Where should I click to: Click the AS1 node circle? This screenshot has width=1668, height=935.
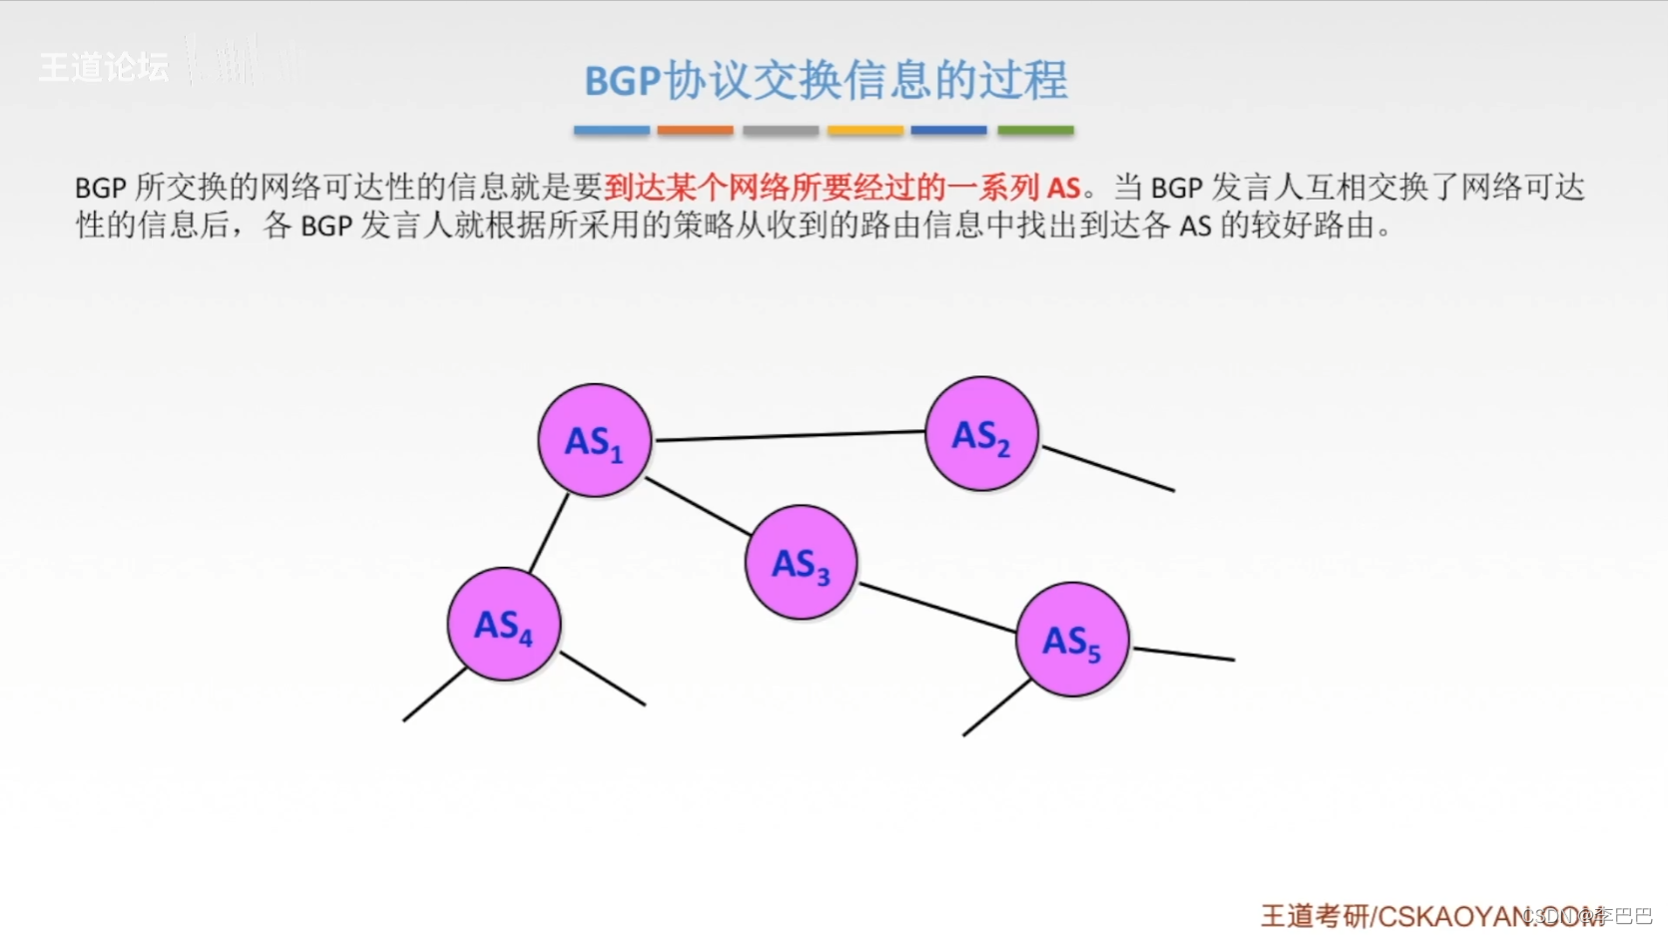click(595, 440)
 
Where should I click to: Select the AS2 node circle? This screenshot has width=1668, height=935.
click(982, 433)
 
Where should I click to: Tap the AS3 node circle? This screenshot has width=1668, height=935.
click(802, 563)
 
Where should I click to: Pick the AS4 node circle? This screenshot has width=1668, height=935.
click(504, 625)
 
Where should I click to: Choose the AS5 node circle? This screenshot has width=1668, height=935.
click(1073, 640)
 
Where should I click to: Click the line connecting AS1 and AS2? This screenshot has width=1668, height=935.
click(789, 435)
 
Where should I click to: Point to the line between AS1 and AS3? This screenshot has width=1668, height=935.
click(699, 506)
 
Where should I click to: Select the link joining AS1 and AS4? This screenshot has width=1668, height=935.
click(549, 533)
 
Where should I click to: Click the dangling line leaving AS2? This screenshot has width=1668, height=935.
click(1108, 468)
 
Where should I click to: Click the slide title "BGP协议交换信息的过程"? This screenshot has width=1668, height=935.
click(826, 81)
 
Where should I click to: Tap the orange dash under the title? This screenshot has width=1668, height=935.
click(695, 130)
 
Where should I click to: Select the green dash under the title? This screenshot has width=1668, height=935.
click(1035, 130)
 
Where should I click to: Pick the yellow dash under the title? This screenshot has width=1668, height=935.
click(865, 130)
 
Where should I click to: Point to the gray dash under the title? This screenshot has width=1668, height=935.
click(781, 130)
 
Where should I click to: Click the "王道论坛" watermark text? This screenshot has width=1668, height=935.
click(104, 67)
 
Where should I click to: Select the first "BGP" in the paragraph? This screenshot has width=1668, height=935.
click(100, 188)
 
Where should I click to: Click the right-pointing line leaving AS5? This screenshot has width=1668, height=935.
click(1184, 654)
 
